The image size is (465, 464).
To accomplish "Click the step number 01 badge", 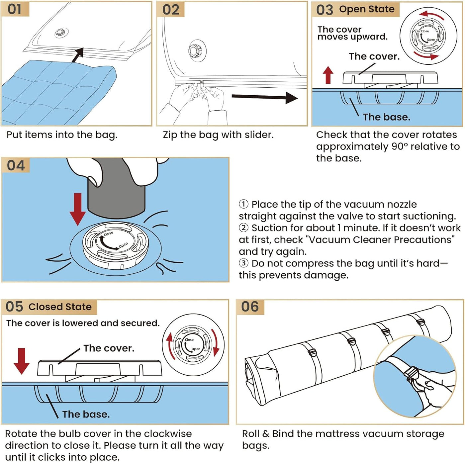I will pos(15,9).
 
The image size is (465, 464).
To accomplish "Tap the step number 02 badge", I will pos(170,10).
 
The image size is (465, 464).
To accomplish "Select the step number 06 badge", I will pos(250,307).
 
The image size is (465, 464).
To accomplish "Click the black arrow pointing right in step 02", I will pos(264,97).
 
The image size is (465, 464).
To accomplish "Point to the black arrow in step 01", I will pos(77,55).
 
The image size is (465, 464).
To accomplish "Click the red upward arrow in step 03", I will pos(328,75).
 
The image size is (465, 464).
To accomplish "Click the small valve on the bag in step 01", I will pos(60,33).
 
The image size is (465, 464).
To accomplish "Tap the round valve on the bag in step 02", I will pos(194,51).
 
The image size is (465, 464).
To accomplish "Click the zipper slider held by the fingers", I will pos(201,82).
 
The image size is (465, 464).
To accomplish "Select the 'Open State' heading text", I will pos(367,9).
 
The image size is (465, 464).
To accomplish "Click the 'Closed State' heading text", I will pos(60,307).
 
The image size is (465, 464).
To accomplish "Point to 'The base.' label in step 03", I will pos(386,117).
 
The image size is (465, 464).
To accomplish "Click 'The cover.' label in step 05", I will pos(109,348).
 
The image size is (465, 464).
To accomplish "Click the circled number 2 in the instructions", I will pos(243,228).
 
